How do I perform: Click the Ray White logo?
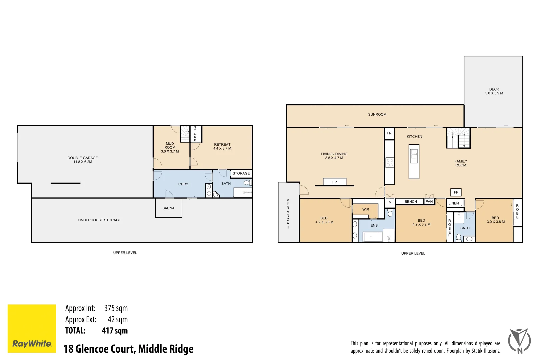pos(32,328)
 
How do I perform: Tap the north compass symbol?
pos(519,341)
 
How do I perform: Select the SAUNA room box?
pos(169,208)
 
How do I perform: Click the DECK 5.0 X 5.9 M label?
pos(494,91)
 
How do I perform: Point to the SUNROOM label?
pos(377,114)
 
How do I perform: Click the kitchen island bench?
pos(414,162)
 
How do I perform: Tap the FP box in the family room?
pos(456,192)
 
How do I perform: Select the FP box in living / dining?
pos(334,182)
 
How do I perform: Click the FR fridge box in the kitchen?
pos(389,133)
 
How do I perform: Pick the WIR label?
pos(366,210)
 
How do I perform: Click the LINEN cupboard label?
pos(454,203)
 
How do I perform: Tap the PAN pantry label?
pos(429,202)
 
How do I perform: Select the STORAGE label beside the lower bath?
pos(241,173)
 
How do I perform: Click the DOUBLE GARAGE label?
pos(83,160)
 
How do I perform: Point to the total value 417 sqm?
pos(115,331)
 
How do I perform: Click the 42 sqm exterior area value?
pos(118,319)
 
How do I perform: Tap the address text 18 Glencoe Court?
pos(128,349)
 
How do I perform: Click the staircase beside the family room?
pos(458,138)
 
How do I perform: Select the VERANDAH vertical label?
pos(288,214)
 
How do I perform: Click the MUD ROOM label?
pos(170,147)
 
